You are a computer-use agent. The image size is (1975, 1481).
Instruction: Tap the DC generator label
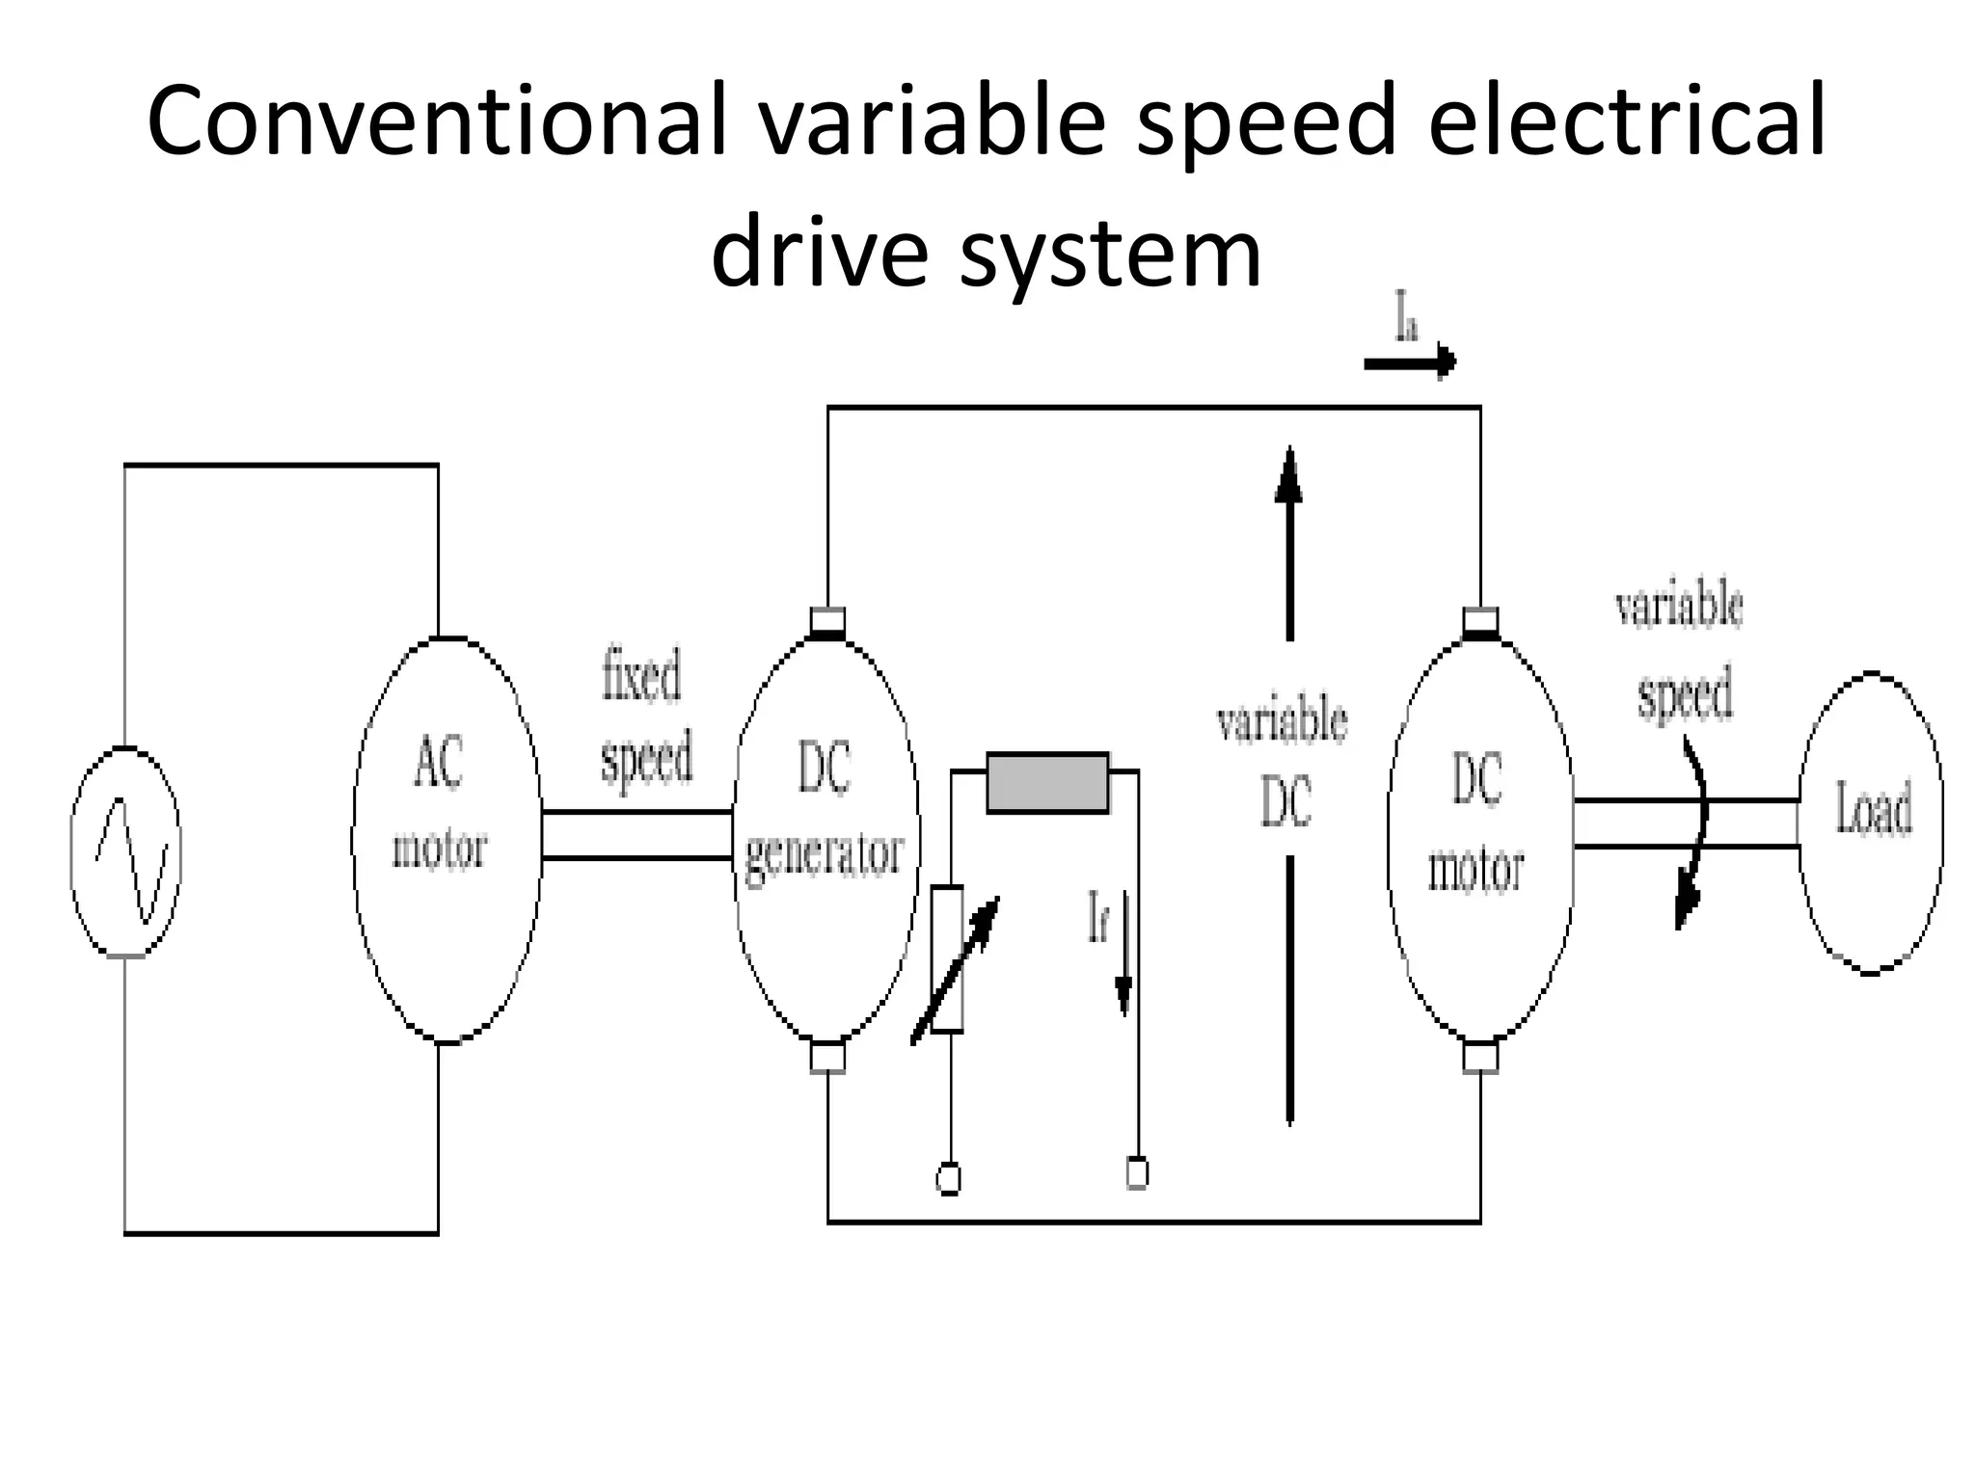coord(825,811)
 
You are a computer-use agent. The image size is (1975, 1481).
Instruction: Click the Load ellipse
coord(1871,822)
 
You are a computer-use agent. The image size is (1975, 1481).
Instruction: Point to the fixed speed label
coord(645,716)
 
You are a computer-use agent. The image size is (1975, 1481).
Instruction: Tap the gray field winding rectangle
coord(1047,783)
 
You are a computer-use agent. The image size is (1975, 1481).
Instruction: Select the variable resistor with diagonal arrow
coord(949,960)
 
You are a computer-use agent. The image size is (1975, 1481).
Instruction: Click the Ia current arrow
coord(1410,363)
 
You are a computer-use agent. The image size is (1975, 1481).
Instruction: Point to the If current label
coord(1098,916)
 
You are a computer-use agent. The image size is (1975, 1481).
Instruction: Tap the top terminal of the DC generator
coord(827,621)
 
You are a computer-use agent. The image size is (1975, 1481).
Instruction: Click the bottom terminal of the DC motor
coord(1480,1057)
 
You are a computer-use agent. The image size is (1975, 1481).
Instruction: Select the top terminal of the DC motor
coord(1480,621)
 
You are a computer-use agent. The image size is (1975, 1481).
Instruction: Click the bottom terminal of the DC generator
coord(827,1057)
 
